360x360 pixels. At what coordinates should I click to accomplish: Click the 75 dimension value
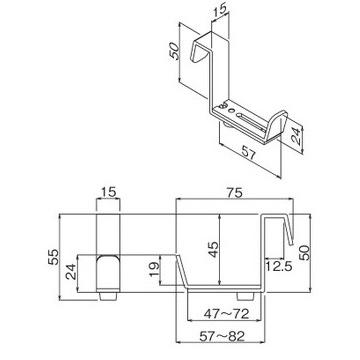(234, 192)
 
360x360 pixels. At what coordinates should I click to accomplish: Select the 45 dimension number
(213, 250)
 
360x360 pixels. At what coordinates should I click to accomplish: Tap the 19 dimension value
(154, 269)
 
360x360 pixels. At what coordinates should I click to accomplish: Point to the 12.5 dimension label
(279, 267)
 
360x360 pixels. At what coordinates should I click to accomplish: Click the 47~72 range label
(223, 314)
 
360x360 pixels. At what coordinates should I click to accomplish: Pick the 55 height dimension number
(53, 257)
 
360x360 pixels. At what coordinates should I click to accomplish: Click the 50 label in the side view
(305, 252)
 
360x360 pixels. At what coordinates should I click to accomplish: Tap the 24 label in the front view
(71, 272)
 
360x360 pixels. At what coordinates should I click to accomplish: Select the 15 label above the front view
(108, 192)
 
